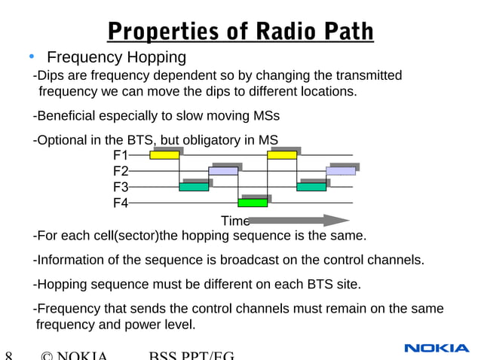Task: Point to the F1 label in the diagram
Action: (120, 155)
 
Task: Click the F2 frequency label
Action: (120, 171)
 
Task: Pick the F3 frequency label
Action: (120, 187)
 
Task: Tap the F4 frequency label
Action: (120, 203)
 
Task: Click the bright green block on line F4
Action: (253, 203)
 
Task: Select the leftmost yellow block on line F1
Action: (164, 155)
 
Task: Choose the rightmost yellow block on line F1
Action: (282, 155)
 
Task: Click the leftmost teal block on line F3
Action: (194, 187)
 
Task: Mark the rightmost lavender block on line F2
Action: (341, 171)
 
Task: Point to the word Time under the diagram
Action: (234, 221)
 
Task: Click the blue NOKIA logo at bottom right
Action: (437, 348)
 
